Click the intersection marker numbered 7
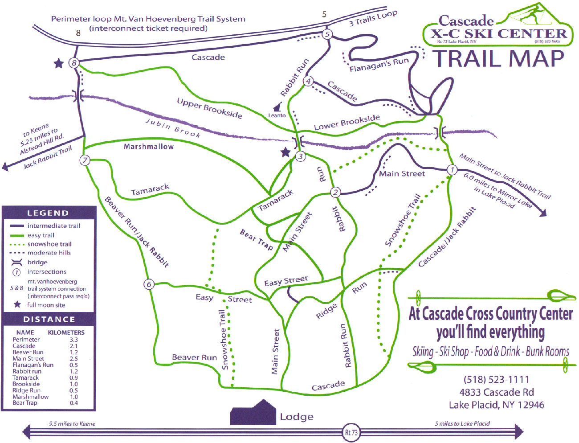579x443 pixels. pos(85,160)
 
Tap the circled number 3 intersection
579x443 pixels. pos(301,156)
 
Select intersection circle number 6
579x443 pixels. pos(149,284)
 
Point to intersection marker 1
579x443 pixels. pos(452,170)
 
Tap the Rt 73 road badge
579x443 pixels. pos(351,432)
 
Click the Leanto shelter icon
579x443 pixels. pos(278,107)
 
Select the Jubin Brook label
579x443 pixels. pos(173,128)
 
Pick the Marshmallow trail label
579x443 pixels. pos(149,147)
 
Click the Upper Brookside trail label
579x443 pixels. pos(209,108)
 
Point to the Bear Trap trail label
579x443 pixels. pos(256,239)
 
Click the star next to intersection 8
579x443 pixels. pos(58,63)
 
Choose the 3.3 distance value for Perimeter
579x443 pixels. pos(73,340)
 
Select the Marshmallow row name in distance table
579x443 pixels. pos(30,397)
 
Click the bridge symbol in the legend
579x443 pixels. pos(17,263)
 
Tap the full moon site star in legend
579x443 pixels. pos(17,305)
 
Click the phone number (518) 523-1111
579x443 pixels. pos(496,380)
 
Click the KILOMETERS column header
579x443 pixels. pos(66,332)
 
